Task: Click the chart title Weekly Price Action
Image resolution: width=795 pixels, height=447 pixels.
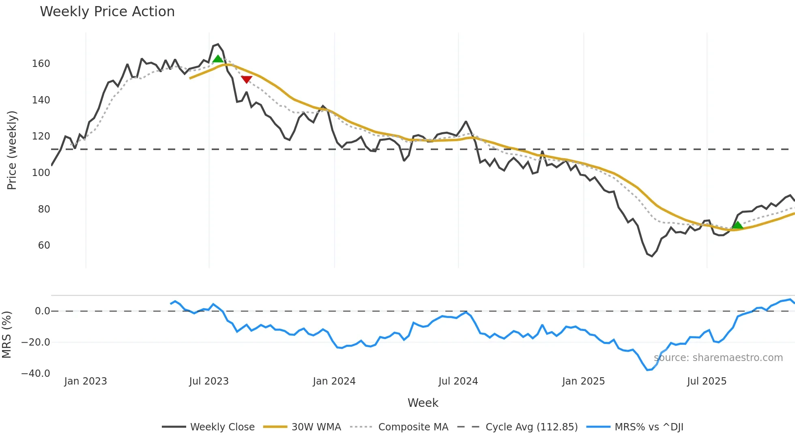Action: pyautogui.click(x=107, y=12)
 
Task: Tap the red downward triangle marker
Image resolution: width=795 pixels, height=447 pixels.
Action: pyautogui.click(x=247, y=79)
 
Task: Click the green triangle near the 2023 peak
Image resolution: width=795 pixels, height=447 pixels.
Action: pyautogui.click(x=218, y=59)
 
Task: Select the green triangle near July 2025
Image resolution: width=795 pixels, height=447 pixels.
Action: pyautogui.click(x=737, y=225)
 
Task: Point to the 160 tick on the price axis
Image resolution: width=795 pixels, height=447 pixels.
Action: pyautogui.click(x=41, y=64)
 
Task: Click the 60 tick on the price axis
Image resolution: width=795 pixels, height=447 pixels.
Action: pyautogui.click(x=44, y=245)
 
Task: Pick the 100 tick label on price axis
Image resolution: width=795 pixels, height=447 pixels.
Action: pyautogui.click(x=41, y=173)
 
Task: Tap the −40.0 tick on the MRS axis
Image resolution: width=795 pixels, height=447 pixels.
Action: pyautogui.click(x=36, y=373)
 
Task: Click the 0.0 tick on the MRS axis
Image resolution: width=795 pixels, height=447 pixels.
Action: pyautogui.click(x=42, y=311)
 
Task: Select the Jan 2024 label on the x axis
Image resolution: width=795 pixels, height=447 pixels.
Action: pyautogui.click(x=334, y=381)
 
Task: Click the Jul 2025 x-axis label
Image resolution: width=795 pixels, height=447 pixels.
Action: pyautogui.click(x=707, y=381)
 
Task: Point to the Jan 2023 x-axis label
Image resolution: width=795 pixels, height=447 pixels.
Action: pyautogui.click(x=86, y=381)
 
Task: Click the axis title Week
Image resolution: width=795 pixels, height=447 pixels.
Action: pyautogui.click(x=423, y=403)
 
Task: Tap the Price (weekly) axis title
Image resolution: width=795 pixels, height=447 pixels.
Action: pyautogui.click(x=12, y=150)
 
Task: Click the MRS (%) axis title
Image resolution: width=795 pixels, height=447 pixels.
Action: pyautogui.click(x=7, y=335)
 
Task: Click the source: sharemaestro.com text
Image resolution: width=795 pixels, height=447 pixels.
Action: pyautogui.click(x=718, y=358)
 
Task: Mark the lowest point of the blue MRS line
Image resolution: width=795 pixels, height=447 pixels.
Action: pyautogui.click(x=647, y=370)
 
